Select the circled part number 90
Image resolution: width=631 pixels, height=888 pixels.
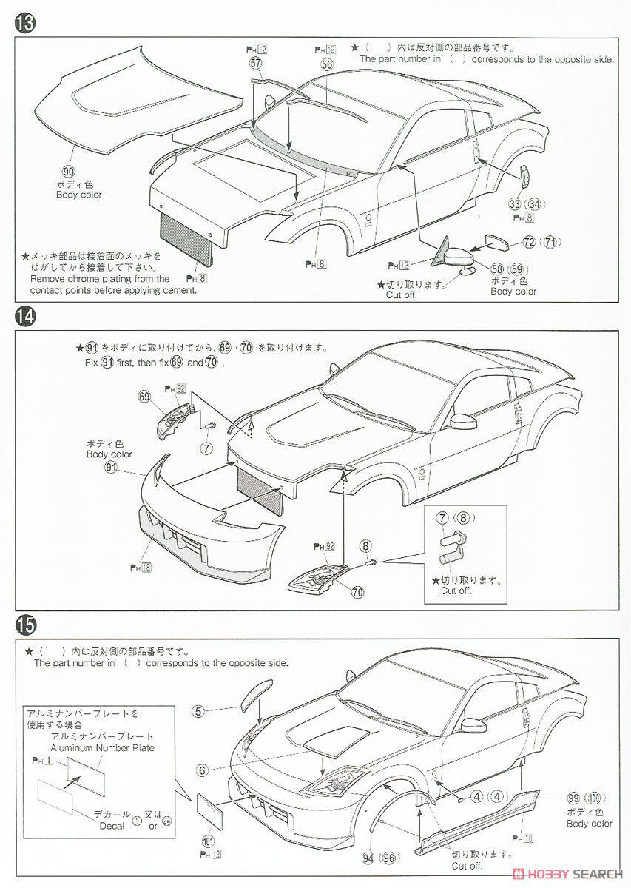pyautogui.click(x=69, y=169)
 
